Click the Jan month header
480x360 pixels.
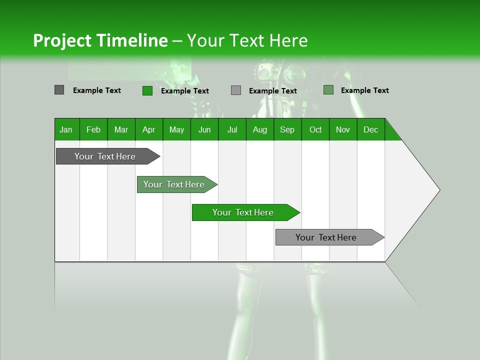pos(66,129)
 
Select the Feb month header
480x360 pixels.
pos(93,129)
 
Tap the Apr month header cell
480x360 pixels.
pos(149,129)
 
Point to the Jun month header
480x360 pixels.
pos(204,129)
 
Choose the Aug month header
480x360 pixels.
pos(260,129)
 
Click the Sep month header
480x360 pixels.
pos(287,129)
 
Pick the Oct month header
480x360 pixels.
pos(315,129)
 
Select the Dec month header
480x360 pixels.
pos(371,129)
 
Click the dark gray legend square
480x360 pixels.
pos(59,90)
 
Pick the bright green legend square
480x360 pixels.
pos(147,90)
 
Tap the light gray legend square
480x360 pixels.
pos(236,90)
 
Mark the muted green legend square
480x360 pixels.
pos(328,90)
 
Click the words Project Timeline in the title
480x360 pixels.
pos(100,40)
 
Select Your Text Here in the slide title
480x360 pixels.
pos(247,40)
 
